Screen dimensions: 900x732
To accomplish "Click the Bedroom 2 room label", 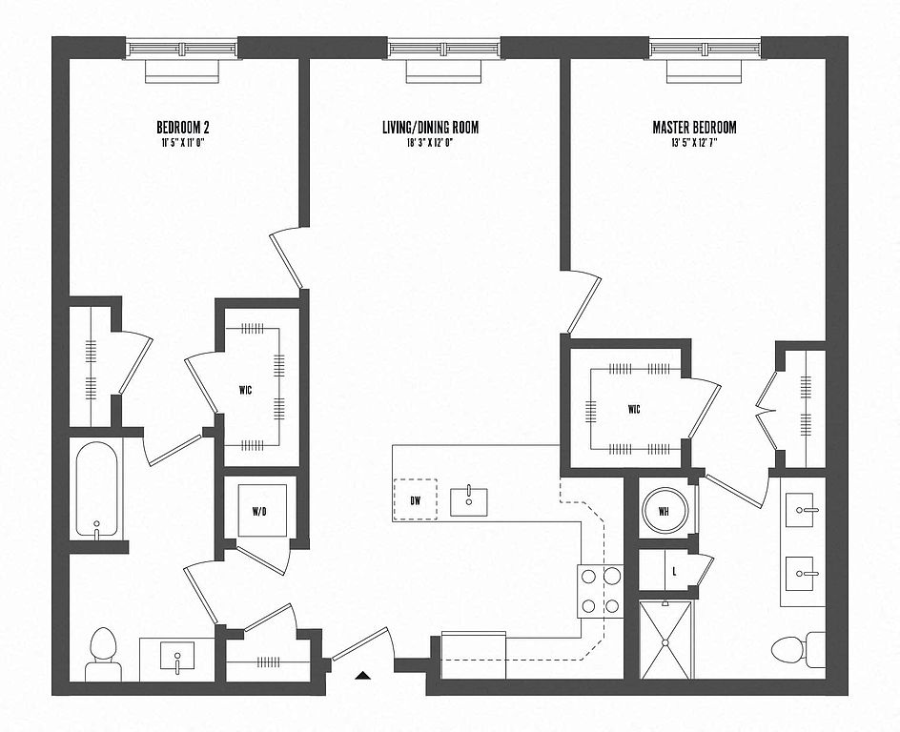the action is click(x=182, y=127).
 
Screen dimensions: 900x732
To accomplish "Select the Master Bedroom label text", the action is click(x=694, y=127).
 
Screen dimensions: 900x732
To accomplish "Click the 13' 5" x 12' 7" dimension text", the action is click(x=694, y=141).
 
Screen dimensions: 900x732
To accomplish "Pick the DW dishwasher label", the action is click(x=416, y=499).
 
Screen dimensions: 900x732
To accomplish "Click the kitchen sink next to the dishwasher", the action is click(x=468, y=500).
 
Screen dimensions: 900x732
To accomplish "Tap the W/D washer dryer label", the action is click(x=259, y=512).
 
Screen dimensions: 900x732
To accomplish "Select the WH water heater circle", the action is click(x=665, y=511).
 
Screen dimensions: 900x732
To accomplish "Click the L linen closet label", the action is click(x=675, y=571).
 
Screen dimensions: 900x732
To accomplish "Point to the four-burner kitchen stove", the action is click(x=599, y=591).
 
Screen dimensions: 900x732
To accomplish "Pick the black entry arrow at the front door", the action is click(x=363, y=676).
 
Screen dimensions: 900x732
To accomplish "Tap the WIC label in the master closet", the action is click(x=634, y=409).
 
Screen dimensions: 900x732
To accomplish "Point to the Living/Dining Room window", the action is click(x=443, y=48).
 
